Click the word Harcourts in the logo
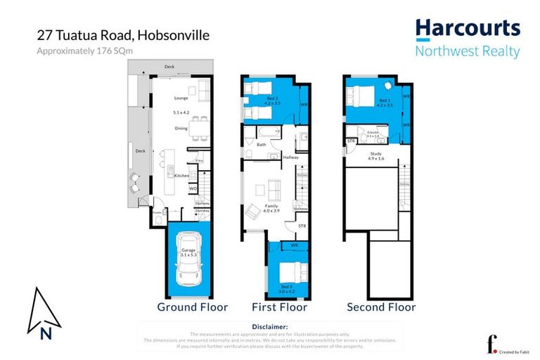point(468,29)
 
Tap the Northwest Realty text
point(468,51)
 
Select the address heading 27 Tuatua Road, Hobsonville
point(123,35)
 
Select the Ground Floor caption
point(192,307)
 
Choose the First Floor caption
point(279,307)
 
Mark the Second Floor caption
point(381,307)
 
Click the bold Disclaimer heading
point(269,327)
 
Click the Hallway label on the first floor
point(290,157)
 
